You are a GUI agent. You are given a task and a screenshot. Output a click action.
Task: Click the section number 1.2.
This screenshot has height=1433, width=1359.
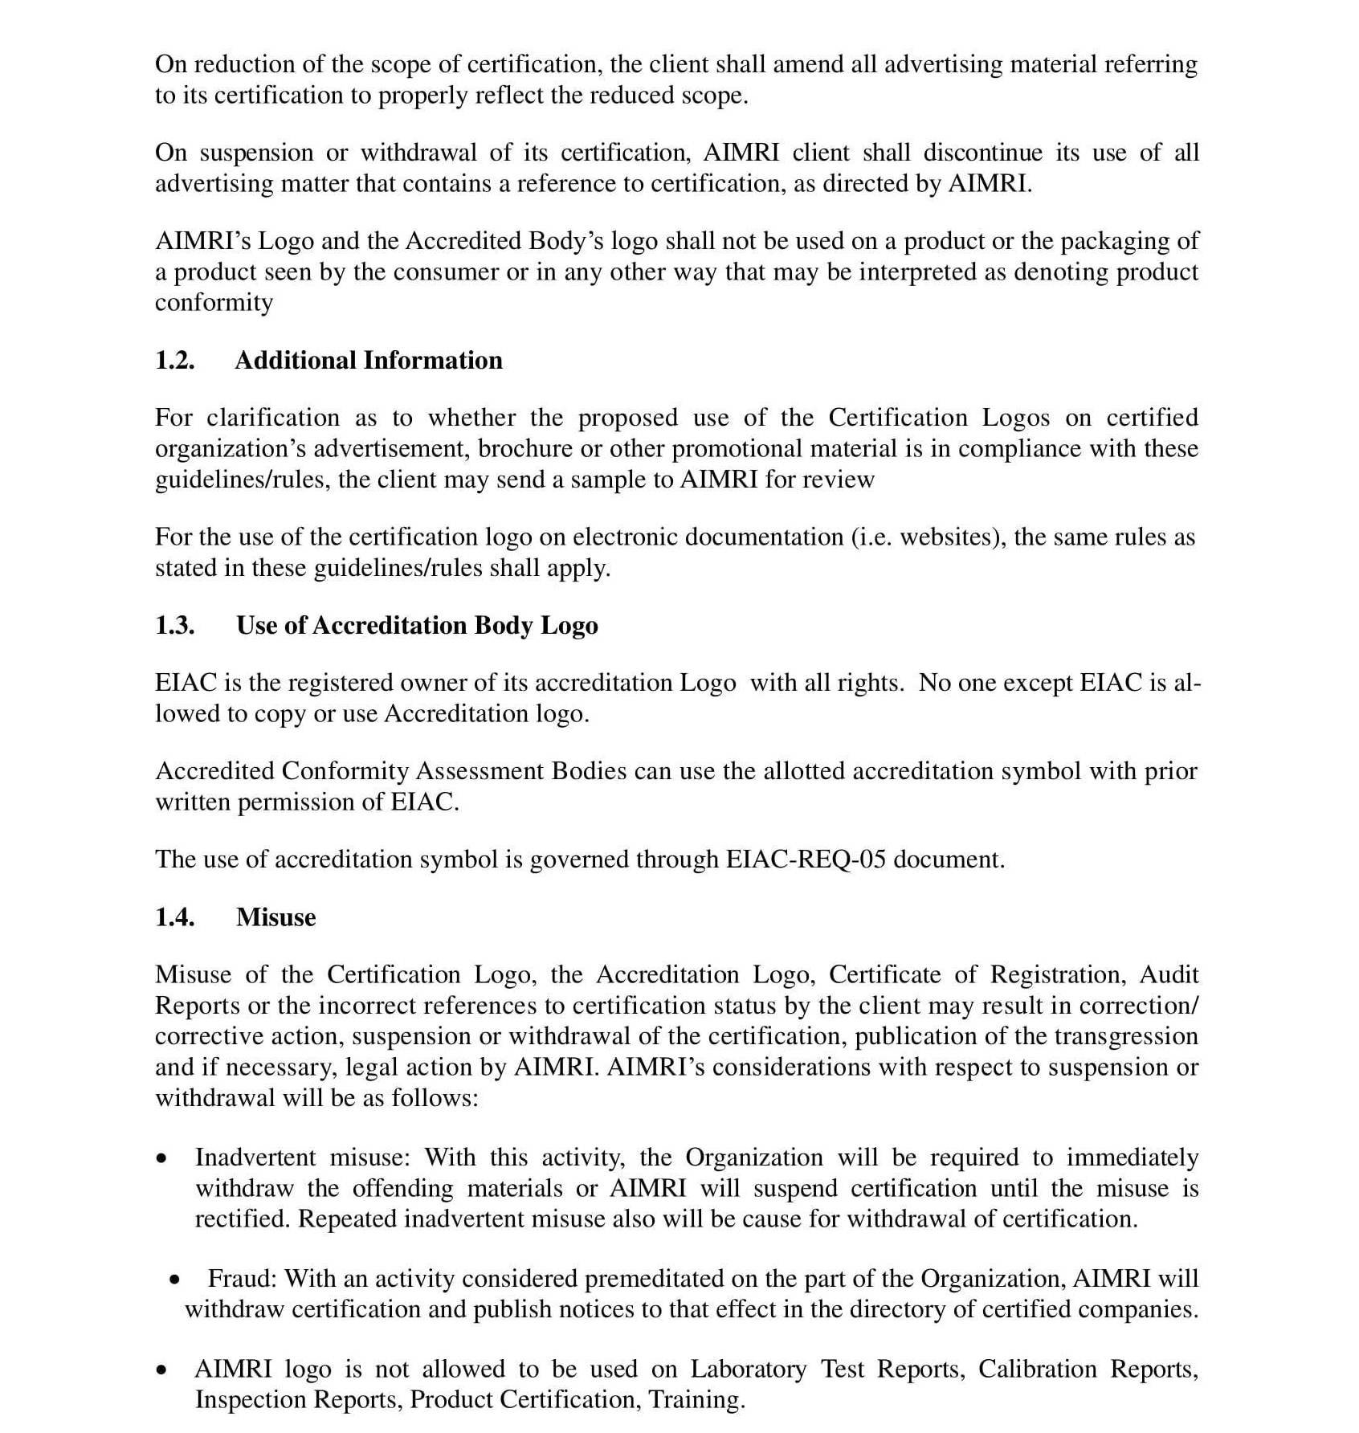click(x=174, y=360)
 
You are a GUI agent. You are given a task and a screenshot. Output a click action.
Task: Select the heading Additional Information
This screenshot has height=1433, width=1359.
click(x=368, y=360)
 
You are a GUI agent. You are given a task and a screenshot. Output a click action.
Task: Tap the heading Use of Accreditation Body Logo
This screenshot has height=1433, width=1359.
click(x=416, y=625)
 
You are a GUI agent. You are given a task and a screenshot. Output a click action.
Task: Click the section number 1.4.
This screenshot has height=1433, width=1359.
click(x=174, y=917)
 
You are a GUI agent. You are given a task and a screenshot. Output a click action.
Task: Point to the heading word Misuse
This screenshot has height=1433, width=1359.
click(x=275, y=917)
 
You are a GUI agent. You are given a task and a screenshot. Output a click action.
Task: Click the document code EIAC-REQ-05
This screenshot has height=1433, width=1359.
click(x=806, y=859)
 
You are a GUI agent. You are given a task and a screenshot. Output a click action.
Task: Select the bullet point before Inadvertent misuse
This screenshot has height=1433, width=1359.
click(x=163, y=1159)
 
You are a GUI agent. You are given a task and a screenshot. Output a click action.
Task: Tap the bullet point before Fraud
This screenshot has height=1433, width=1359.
click(x=175, y=1280)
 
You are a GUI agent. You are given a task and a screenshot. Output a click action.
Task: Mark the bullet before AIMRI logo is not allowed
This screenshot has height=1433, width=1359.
click(x=163, y=1370)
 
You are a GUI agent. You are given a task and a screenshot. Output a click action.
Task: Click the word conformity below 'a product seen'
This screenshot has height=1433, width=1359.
click(x=214, y=303)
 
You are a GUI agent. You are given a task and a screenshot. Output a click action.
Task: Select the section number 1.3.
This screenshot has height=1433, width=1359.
click(x=174, y=625)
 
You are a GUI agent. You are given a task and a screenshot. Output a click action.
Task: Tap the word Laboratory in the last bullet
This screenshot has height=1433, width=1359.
click(x=748, y=1369)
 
